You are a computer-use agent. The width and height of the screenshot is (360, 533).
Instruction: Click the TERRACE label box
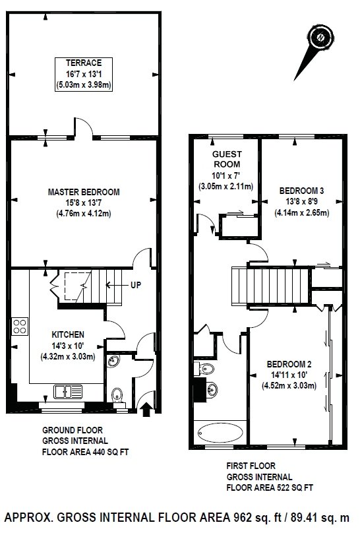(x=84, y=75)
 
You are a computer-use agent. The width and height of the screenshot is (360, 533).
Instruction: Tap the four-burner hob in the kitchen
(x=20, y=326)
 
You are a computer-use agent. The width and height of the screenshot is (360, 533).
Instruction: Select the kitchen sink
(x=68, y=392)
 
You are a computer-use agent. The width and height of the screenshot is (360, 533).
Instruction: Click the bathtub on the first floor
(x=221, y=433)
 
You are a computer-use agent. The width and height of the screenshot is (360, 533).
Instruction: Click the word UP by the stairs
(x=136, y=285)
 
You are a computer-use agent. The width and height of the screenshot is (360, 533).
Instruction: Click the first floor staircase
(x=270, y=286)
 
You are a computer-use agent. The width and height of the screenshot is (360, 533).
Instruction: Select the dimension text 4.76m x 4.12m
(x=84, y=214)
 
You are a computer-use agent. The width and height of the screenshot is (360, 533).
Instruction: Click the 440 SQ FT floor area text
(x=109, y=452)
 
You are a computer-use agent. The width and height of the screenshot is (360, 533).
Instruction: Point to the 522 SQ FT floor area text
(x=294, y=487)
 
